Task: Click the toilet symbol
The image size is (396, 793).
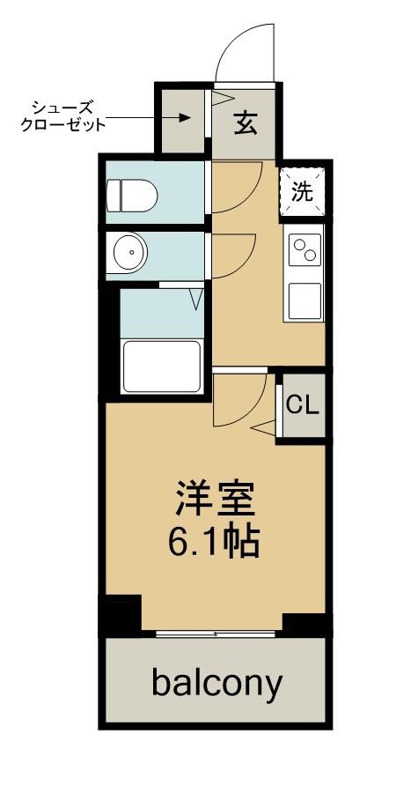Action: coord(129,194)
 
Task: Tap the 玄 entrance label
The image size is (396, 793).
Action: coord(246,122)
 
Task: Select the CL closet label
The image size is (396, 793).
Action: coord(303,405)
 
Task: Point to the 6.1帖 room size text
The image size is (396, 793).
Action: coord(214,542)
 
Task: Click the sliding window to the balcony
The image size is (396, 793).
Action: coord(215,633)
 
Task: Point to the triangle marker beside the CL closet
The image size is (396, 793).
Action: coord(264,429)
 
